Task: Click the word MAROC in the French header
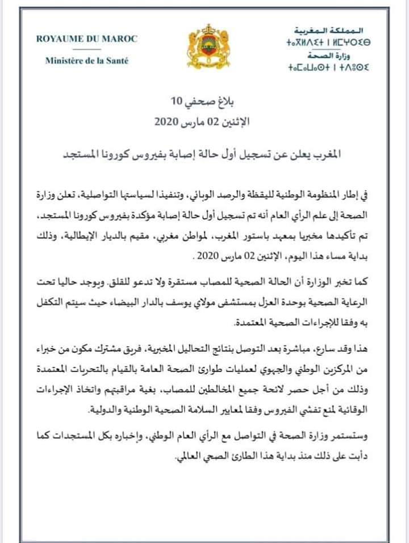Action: click(x=120, y=40)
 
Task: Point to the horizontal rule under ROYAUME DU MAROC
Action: click(x=86, y=49)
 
